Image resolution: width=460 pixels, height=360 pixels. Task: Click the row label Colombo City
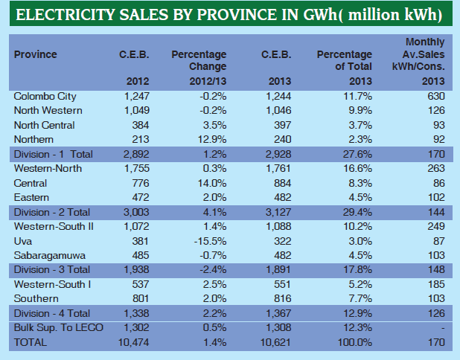coord(45,96)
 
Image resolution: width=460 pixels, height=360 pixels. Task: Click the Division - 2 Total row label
coord(51,212)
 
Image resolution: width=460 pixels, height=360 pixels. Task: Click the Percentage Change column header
coord(199,61)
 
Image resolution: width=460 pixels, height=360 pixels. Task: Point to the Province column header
coord(35,54)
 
